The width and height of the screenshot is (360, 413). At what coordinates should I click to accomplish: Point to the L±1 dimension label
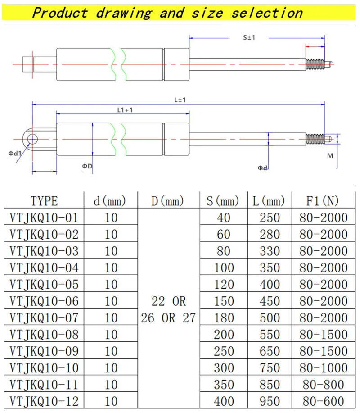[180, 100]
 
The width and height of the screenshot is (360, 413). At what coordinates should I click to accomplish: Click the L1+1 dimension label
[125, 109]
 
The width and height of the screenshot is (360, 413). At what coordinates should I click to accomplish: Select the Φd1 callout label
[15, 153]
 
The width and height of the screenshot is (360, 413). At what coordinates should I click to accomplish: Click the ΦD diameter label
[87, 166]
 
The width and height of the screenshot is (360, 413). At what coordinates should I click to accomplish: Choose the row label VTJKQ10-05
[44, 284]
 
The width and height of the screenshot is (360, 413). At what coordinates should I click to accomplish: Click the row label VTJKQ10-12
[44, 401]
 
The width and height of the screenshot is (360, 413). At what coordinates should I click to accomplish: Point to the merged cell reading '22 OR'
[169, 301]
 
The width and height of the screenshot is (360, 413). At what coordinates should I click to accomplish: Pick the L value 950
[270, 401]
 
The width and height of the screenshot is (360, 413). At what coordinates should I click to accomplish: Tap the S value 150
[224, 301]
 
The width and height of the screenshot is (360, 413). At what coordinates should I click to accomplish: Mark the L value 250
[270, 218]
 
